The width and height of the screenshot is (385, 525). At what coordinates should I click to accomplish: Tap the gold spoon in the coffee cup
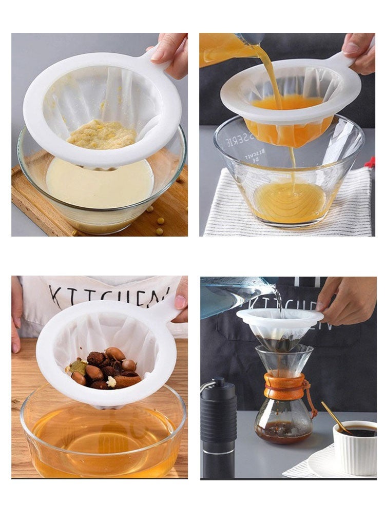(x=336, y=417)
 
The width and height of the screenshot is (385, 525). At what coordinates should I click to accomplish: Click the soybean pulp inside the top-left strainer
(x=102, y=134)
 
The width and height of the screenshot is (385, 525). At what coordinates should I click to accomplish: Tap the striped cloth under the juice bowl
(x=354, y=205)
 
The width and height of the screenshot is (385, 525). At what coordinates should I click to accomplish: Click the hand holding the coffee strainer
(x=344, y=300)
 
